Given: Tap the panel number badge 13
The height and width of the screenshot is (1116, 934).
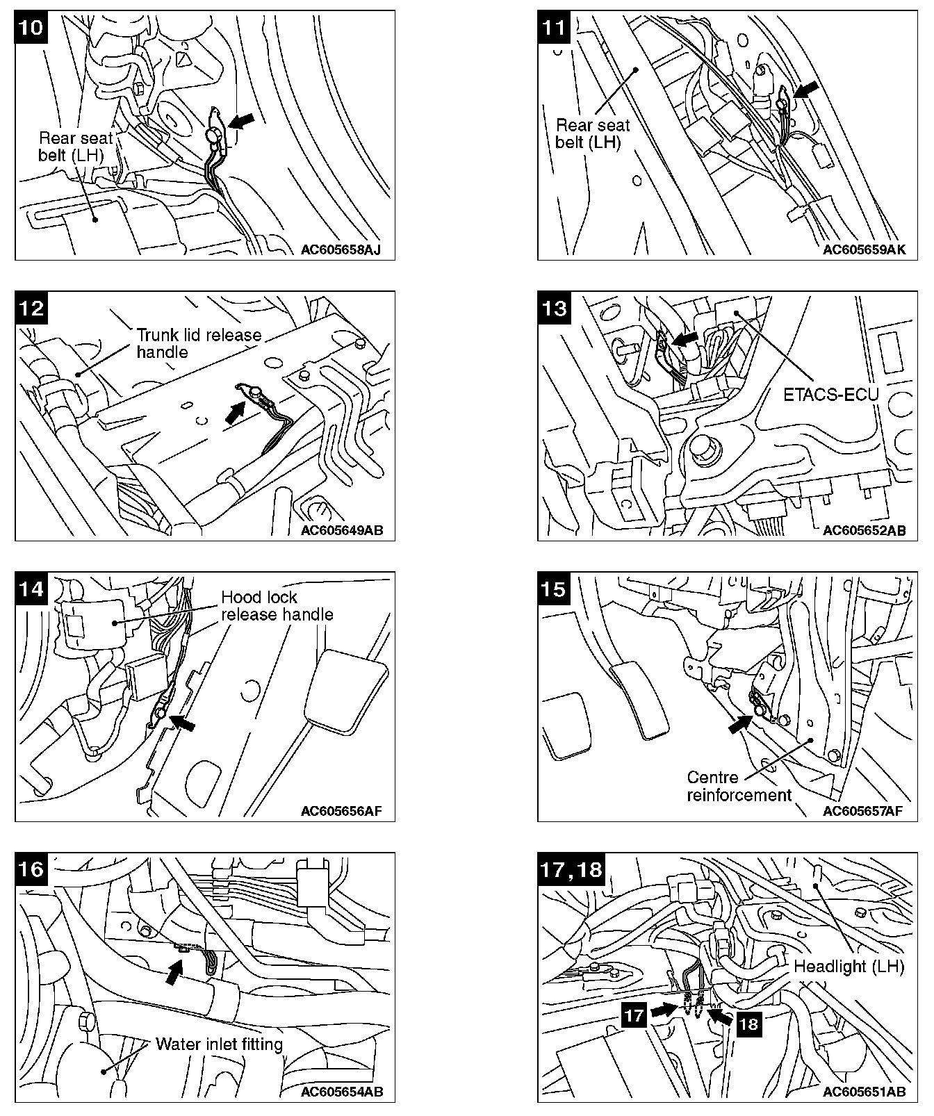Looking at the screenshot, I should [555, 308].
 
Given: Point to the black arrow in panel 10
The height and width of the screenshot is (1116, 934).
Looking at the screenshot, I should [241, 121].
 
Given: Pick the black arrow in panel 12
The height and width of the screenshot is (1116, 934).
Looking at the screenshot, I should [236, 412].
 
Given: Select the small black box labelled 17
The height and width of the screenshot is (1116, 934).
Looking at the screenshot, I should [634, 1015].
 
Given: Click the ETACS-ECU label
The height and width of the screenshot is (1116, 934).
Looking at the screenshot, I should [830, 395].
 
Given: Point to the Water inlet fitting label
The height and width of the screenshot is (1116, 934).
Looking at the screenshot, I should [219, 1044].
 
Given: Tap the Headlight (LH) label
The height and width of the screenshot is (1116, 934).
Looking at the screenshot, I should [849, 966].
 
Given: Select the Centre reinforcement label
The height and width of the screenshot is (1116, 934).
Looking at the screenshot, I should [739, 786].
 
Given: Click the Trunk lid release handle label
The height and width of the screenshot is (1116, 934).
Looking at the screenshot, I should [199, 343].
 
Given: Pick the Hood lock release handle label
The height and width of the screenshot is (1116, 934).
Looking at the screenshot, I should [277, 605].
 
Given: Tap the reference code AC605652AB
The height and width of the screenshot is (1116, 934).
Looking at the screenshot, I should [864, 531].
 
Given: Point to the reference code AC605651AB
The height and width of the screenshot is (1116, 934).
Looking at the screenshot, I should [864, 1091].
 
